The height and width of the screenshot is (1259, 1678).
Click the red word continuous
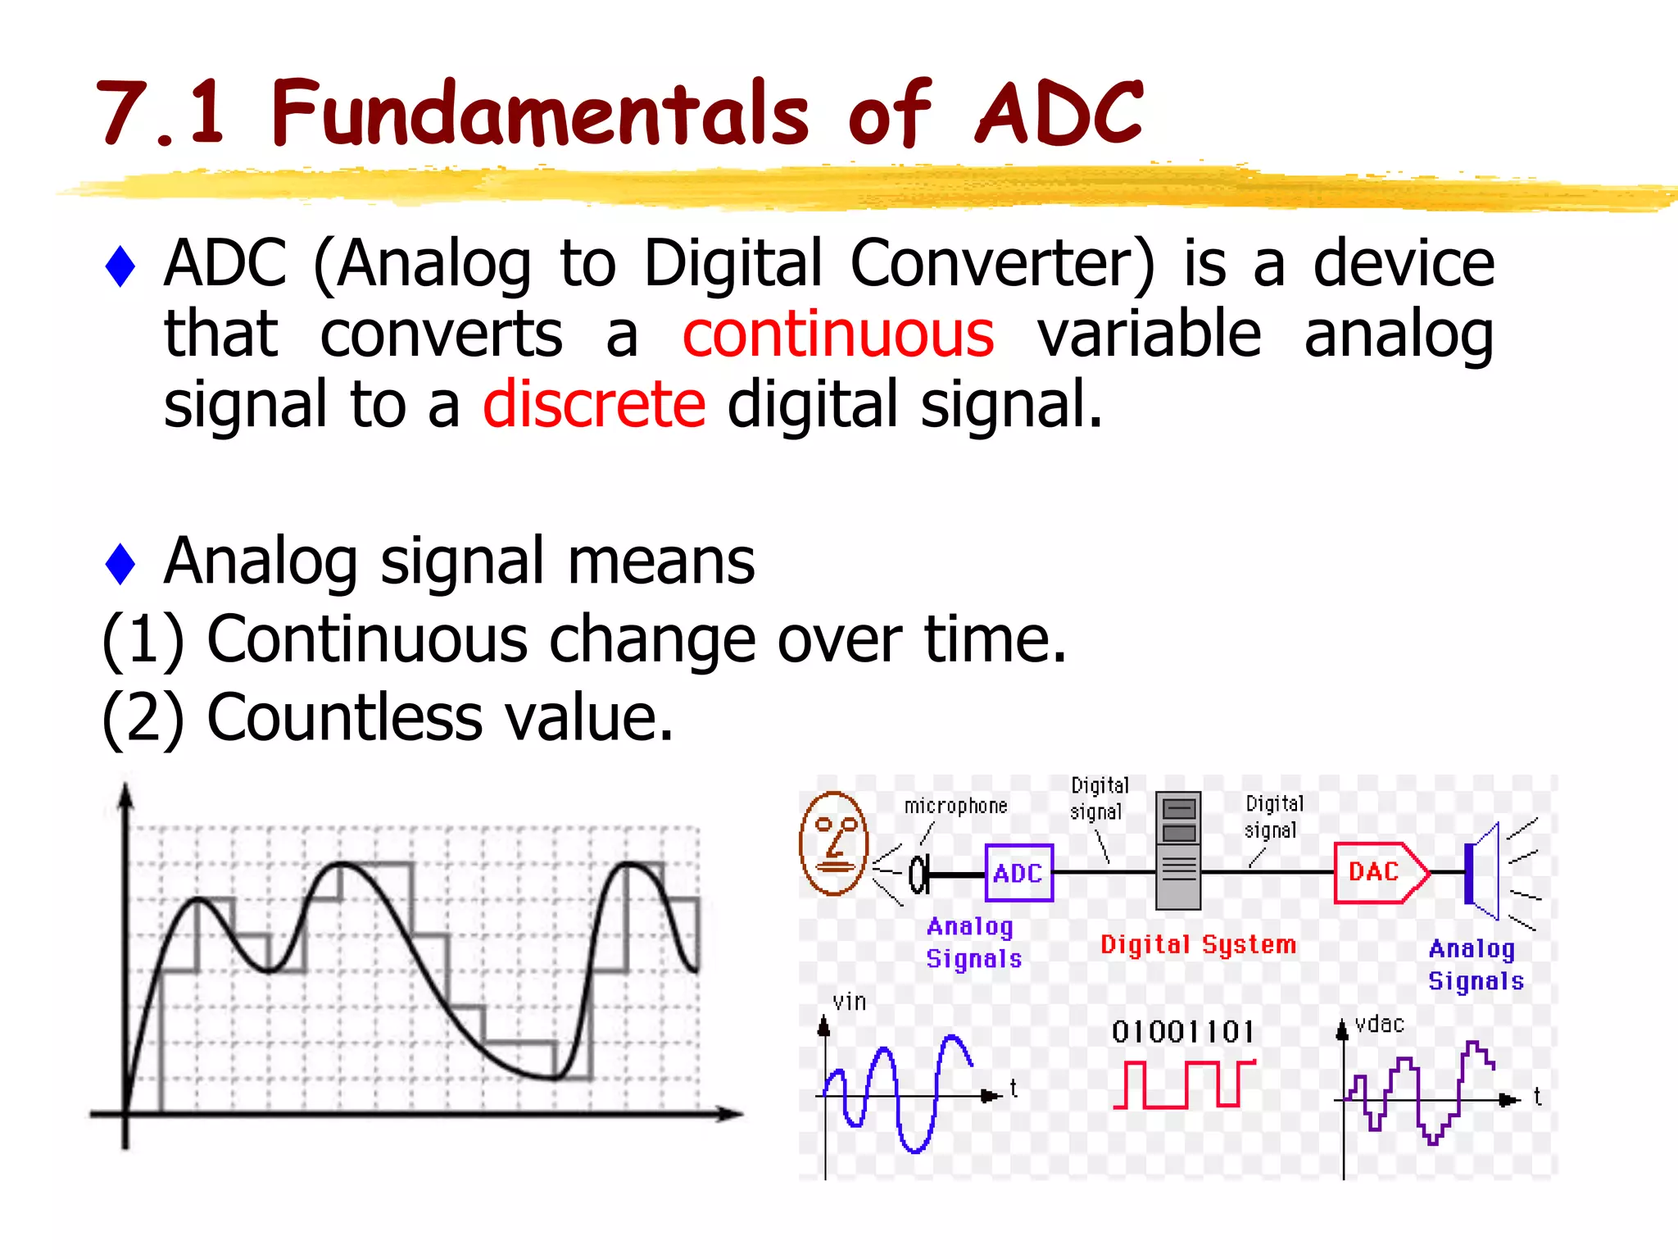pyautogui.click(x=837, y=334)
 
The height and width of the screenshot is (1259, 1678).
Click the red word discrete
pyautogui.click(x=594, y=405)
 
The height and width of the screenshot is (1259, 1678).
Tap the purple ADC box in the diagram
pyautogui.click(x=1018, y=873)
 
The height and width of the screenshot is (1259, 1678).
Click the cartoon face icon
pyautogui.click(x=833, y=843)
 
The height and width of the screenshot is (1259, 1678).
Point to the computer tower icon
pyautogui.click(x=1178, y=850)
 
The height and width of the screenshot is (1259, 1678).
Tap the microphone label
pyautogui.click(x=955, y=807)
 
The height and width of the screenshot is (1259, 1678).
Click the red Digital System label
pyautogui.click(x=1198, y=945)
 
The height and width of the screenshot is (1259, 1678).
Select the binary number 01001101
pyautogui.click(x=1183, y=1032)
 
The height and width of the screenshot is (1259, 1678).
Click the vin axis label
pyautogui.click(x=849, y=1002)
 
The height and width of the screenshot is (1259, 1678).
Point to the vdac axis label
pyautogui.click(x=1380, y=1025)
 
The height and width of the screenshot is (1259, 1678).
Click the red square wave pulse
pyautogui.click(x=1183, y=1084)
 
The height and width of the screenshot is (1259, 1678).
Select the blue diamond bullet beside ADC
pyautogui.click(x=120, y=266)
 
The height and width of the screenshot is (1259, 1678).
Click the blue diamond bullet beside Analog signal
pyautogui.click(x=120, y=564)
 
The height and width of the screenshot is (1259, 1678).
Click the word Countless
pyautogui.click(x=344, y=718)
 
